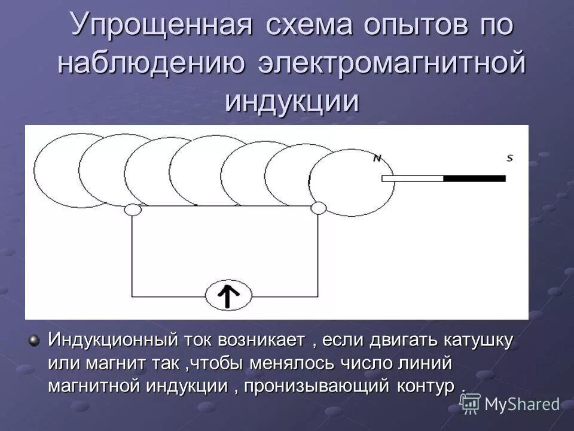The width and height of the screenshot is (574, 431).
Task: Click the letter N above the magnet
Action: (377, 159)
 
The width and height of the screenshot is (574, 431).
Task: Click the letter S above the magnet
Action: (509, 159)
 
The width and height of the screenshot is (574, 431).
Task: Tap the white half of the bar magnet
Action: (413, 178)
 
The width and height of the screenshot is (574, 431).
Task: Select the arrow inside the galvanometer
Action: (228, 295)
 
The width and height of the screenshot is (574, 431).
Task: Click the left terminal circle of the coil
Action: (132, 209)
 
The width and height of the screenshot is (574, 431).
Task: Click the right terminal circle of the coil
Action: (319, 208)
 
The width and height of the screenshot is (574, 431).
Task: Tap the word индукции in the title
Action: (292, 101)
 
